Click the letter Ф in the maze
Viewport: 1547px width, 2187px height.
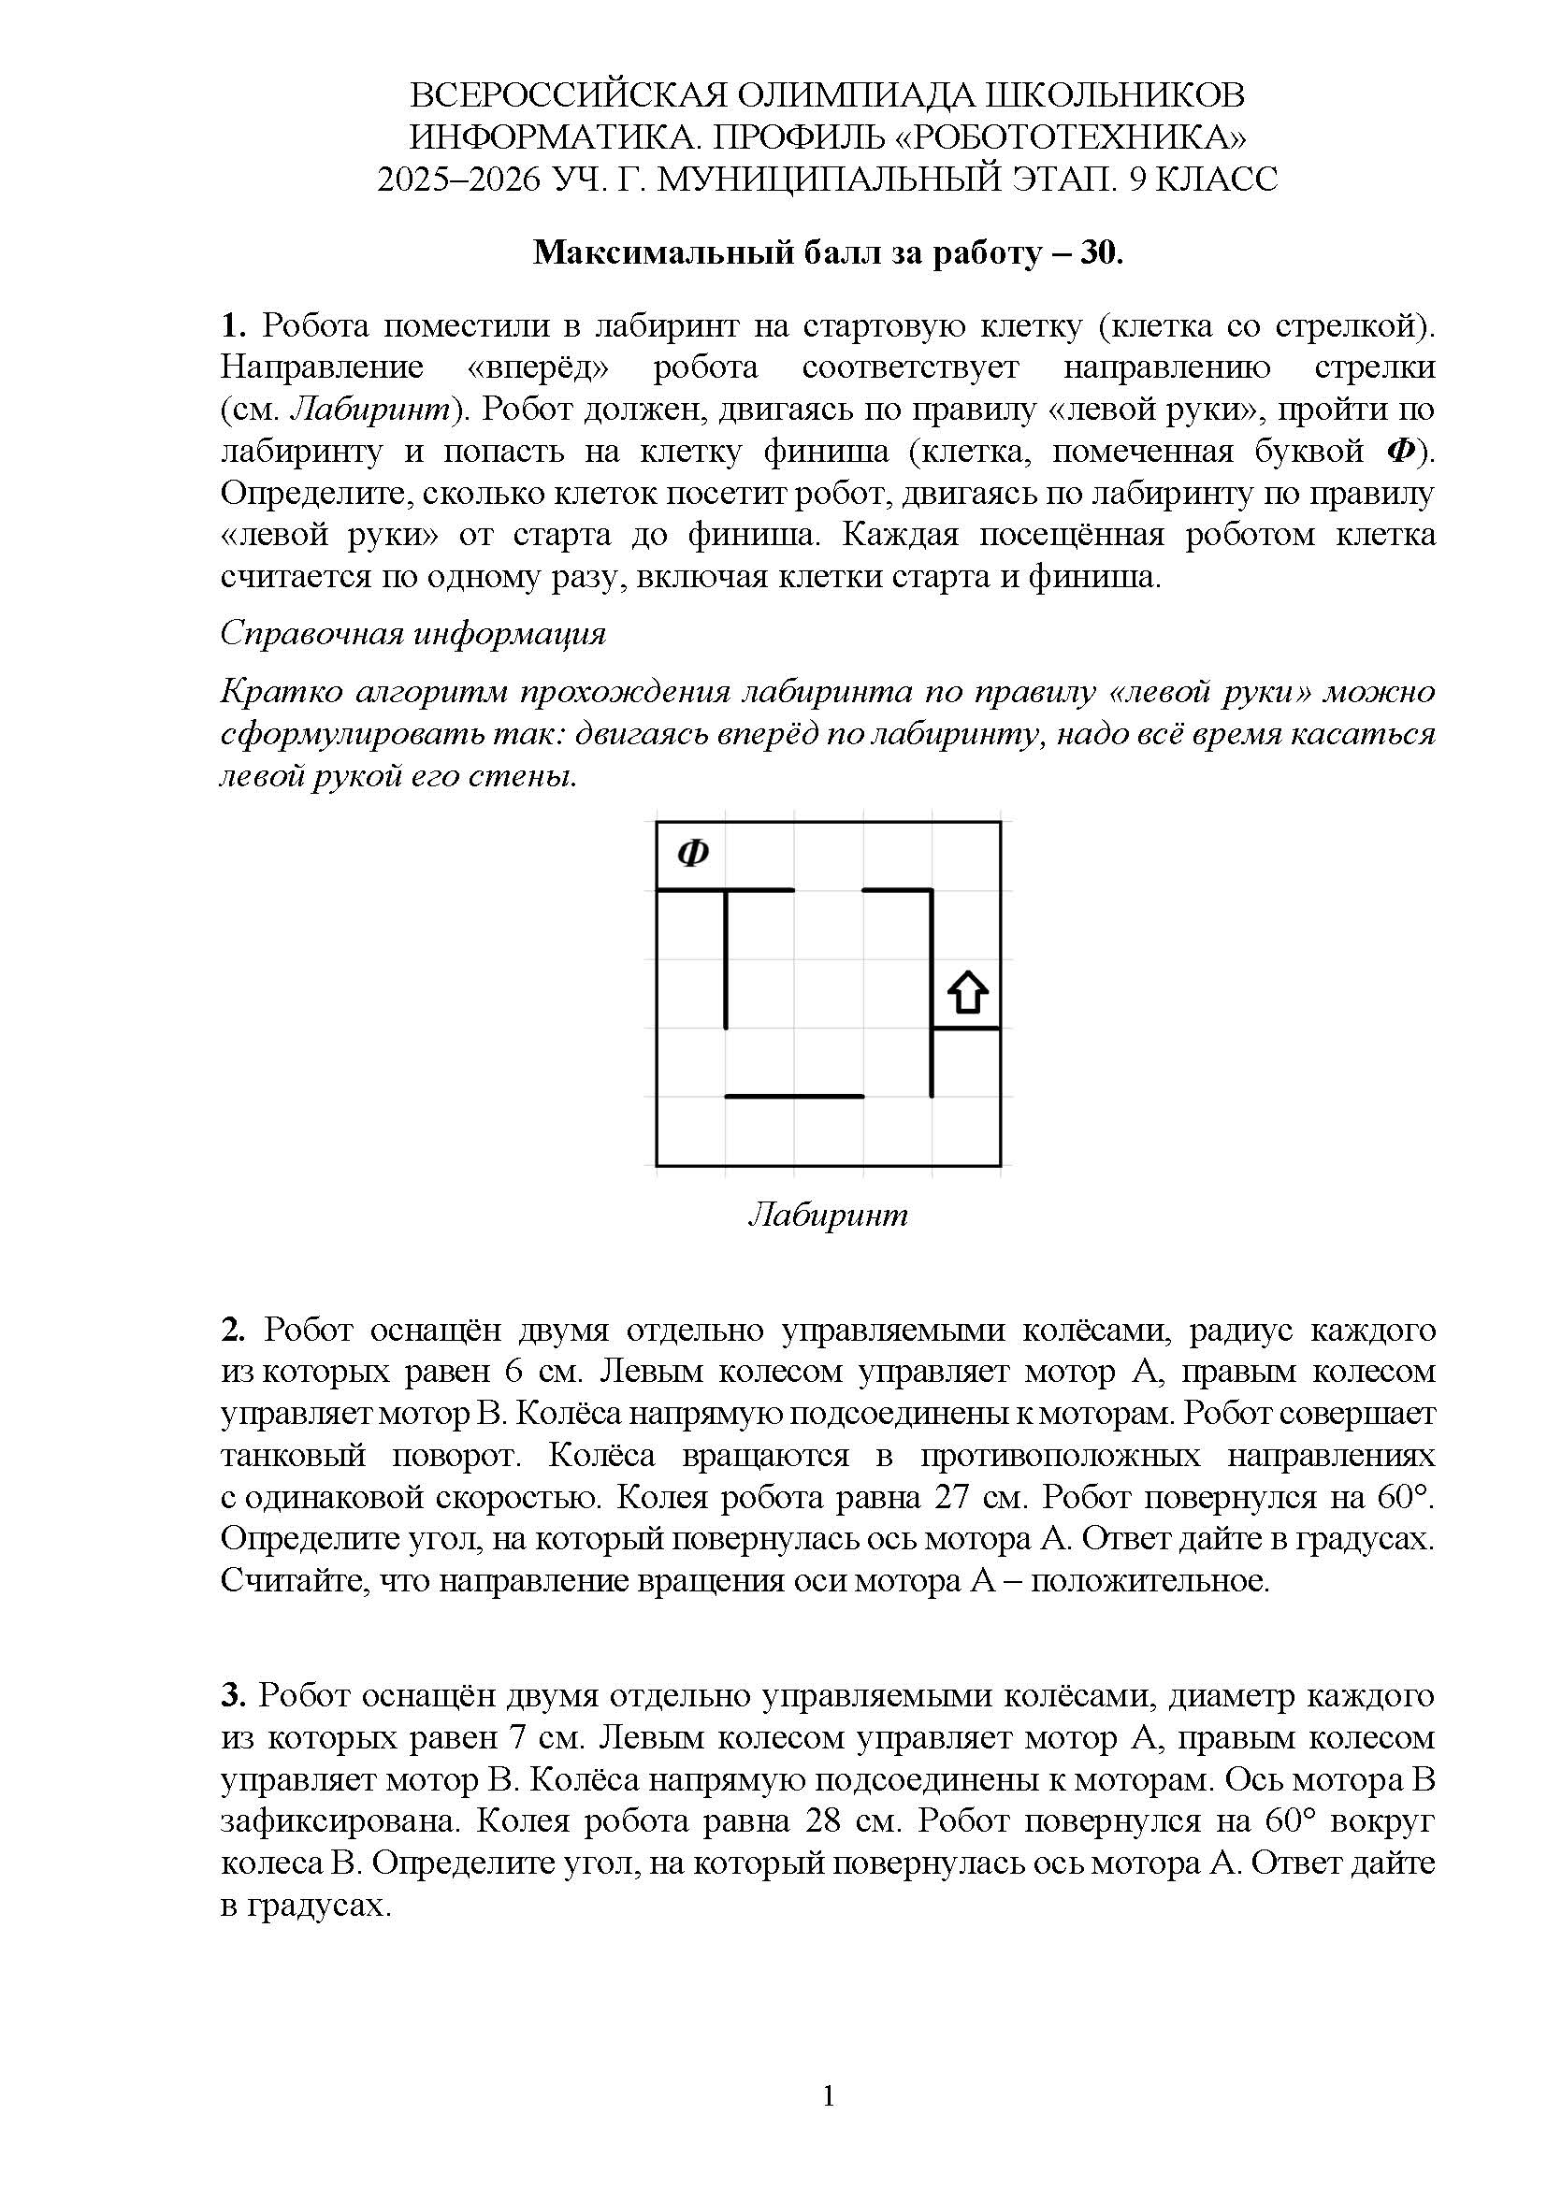coord(692,853)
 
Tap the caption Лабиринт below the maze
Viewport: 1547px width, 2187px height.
coord(828,1215)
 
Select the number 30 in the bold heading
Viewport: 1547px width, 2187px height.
coord(1097,252)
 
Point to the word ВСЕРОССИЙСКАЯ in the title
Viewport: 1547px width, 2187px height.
coord(567,96)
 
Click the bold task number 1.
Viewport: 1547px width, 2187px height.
coord(233,325)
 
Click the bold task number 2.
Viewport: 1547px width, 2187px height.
coord(233,1330)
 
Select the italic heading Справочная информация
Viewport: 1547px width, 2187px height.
coord(412,633)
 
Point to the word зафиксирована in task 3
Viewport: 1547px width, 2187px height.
coord(340,1821)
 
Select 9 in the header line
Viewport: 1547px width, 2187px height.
coord(1137,180)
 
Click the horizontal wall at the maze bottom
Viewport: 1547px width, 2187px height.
coord(794,1097)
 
